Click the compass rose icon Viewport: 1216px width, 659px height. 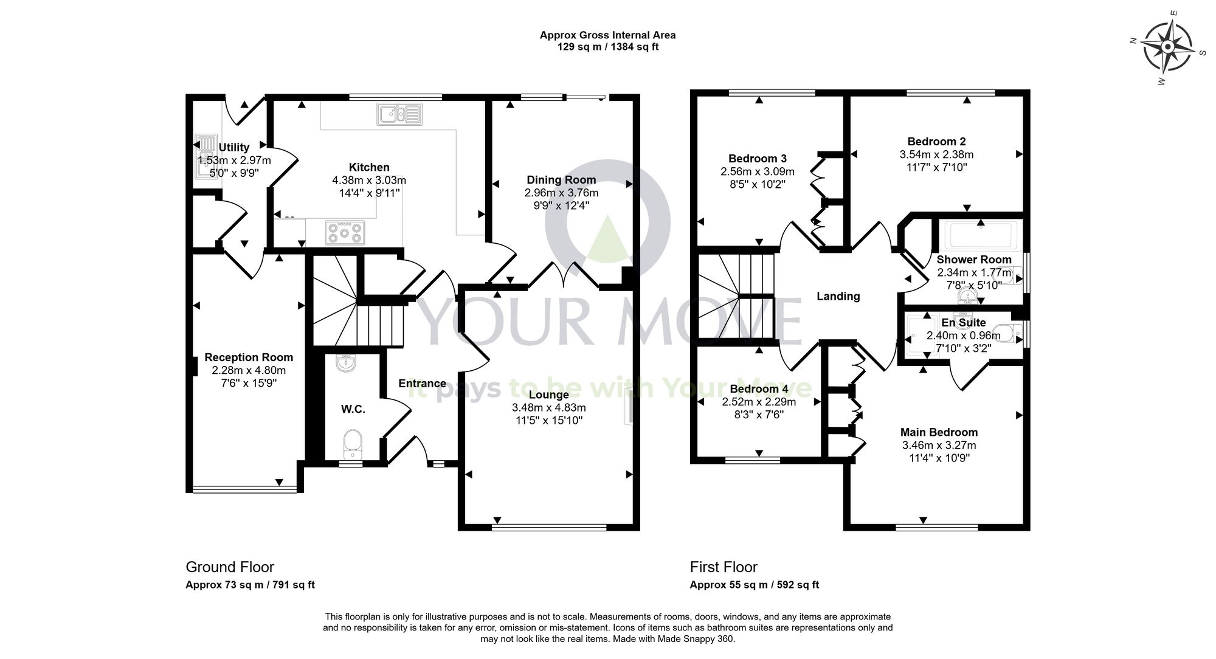(x=1167, y=47)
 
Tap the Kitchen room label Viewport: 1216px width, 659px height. (x=369, y=167)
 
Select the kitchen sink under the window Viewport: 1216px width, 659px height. (x=399, y=114)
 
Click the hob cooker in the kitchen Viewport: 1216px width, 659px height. (x=345, y=232)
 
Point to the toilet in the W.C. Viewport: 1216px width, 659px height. (x=352, y=443)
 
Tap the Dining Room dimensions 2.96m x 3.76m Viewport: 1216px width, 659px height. (x=561, y=193)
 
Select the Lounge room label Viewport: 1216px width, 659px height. (x=548, y=395)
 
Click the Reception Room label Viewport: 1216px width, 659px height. (x=249, y=357)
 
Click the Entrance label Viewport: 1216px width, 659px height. (x=422, y=384)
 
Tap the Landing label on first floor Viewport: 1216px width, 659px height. (x=838, y=296)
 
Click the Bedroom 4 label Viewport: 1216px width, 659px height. (x=759, y=389)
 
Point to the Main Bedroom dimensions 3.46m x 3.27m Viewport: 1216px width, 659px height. (x=939, y=445)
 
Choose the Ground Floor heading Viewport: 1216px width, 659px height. (x=230, y=567)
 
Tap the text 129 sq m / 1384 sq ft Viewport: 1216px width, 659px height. (x=607, y=47)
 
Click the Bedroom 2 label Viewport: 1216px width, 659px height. (x=936, y=142)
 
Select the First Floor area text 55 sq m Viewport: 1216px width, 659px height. (x=754, y=585)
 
